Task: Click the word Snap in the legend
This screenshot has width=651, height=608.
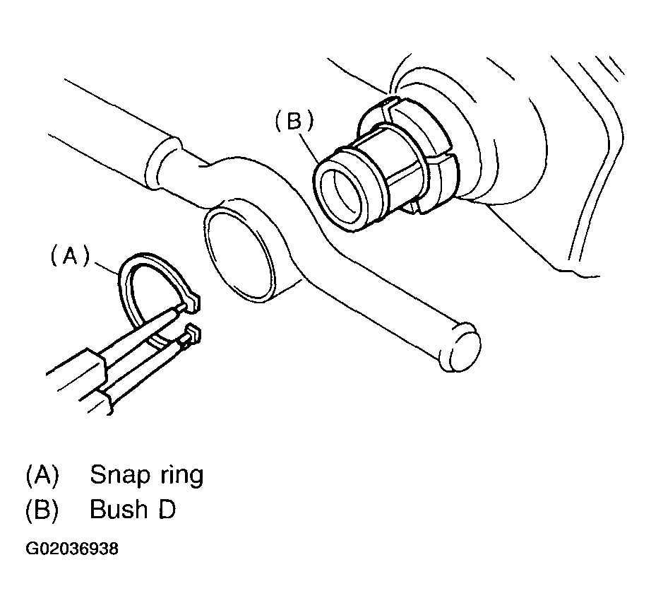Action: coord(118,475)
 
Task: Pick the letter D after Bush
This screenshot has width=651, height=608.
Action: coord(165,509)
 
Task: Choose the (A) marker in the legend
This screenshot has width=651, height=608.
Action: coord(42,475)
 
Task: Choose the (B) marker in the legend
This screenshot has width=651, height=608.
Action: coord(42,509)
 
